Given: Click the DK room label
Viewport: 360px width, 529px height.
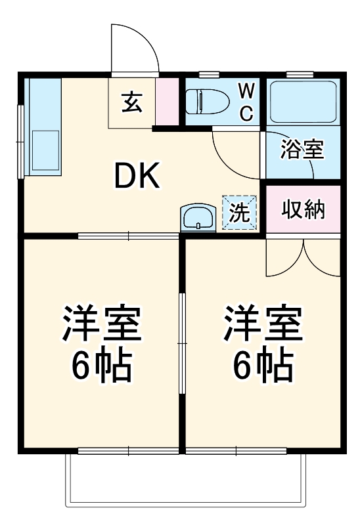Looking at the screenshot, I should coord(137,176).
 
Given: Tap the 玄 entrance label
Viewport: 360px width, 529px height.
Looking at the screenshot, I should coord(131,102).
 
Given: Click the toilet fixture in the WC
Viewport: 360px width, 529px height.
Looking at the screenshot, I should coord(206,102).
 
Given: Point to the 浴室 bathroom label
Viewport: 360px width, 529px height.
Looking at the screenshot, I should coord(302,150).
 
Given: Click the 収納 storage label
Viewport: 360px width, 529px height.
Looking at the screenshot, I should coord(304,210).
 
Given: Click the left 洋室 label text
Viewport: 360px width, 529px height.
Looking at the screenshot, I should coord(102,322).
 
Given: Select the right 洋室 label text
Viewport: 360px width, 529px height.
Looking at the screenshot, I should coord(263,322).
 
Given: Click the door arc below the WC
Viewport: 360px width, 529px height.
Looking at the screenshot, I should coord(233,152).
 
